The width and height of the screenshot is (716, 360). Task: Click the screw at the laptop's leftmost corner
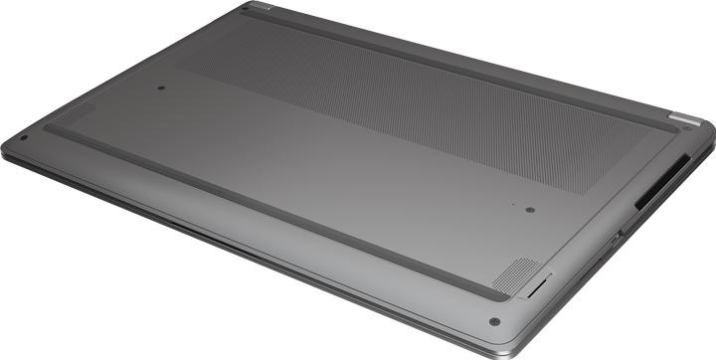(x=22, y=137)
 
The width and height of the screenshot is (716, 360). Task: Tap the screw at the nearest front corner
(x=494, y=322)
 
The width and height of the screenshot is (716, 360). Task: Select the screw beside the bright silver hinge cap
(x=686, y=129)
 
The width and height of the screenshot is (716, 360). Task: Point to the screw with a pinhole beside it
(x=529, y=210)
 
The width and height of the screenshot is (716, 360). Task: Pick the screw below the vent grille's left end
(x=161, y=88)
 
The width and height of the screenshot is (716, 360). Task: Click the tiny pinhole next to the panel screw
(x=513, y=205)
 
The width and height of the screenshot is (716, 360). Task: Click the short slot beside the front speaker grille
(x=537, y=287)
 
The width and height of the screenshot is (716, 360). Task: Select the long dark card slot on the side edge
(x=660, y=185)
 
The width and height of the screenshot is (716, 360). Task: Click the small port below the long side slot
(x=617, y=237)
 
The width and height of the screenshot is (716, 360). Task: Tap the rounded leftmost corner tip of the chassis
(x=5, y=146)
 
